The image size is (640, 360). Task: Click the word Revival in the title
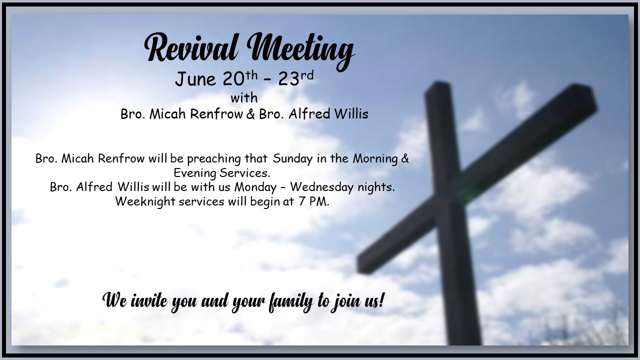191,47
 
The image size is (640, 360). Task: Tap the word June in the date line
195,79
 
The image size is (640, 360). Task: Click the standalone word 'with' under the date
244,97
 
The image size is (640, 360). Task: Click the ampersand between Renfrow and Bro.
250,113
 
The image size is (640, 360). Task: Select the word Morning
375,158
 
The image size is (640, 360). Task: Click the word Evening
195,173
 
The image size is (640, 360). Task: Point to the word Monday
255,187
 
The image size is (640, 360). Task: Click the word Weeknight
145,201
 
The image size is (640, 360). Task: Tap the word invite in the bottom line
149,300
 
